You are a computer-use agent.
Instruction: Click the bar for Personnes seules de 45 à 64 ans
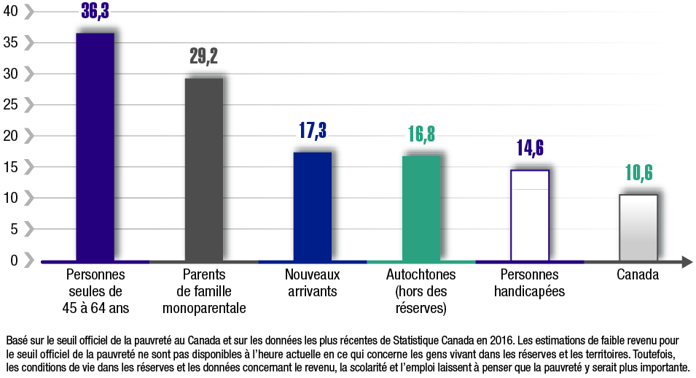point(95,146)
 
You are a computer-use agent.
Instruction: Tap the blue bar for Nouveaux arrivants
point(313,206)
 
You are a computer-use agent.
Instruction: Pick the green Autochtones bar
point(421,207)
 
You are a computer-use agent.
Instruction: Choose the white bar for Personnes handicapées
point(530,215)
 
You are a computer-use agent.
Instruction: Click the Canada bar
point(638,227)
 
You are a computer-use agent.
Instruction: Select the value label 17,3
point(313,131)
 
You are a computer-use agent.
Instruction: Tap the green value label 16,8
point(421,134)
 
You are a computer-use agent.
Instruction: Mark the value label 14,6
point(530,149)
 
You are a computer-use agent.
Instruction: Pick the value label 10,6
point(638,174)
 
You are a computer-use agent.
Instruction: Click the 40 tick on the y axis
point(12,11)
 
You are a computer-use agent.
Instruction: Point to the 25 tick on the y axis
point(12,104)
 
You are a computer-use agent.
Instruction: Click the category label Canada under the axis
point(638,275)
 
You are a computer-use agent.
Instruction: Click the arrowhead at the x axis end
point(686,261)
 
